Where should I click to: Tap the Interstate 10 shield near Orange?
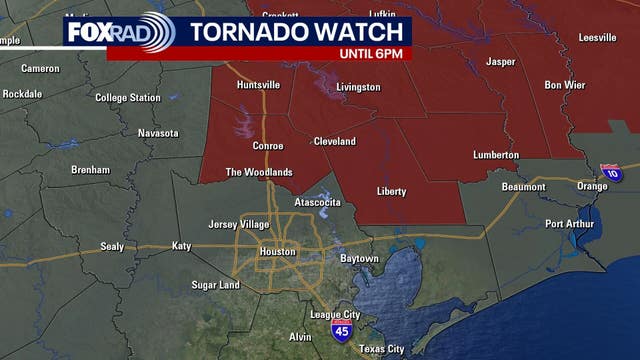pyautogui.click(x=610, y=173)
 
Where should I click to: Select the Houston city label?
pyautogui.click(x=277, y=251)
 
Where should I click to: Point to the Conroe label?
pyautogui.click(x=267, y=146)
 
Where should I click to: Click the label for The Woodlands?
pyautogui.click(x=259, y=172)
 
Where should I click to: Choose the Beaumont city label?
pyautogui.click(x=523, y=187)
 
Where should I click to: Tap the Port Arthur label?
pyautogui.click(x=570, y=223)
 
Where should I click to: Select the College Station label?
pyautogui.click(x=128, y=98)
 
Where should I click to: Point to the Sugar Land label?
pyautogui.click(x=216, y=285)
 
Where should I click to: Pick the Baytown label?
pyautogui.click(x=359, y=259)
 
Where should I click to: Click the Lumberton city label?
pyautogui.click(x=496, y=155)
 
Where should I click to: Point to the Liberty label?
pyautogui.click(x=391, y=191)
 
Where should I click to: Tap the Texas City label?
pyautogui.click(x=381, y=349)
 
